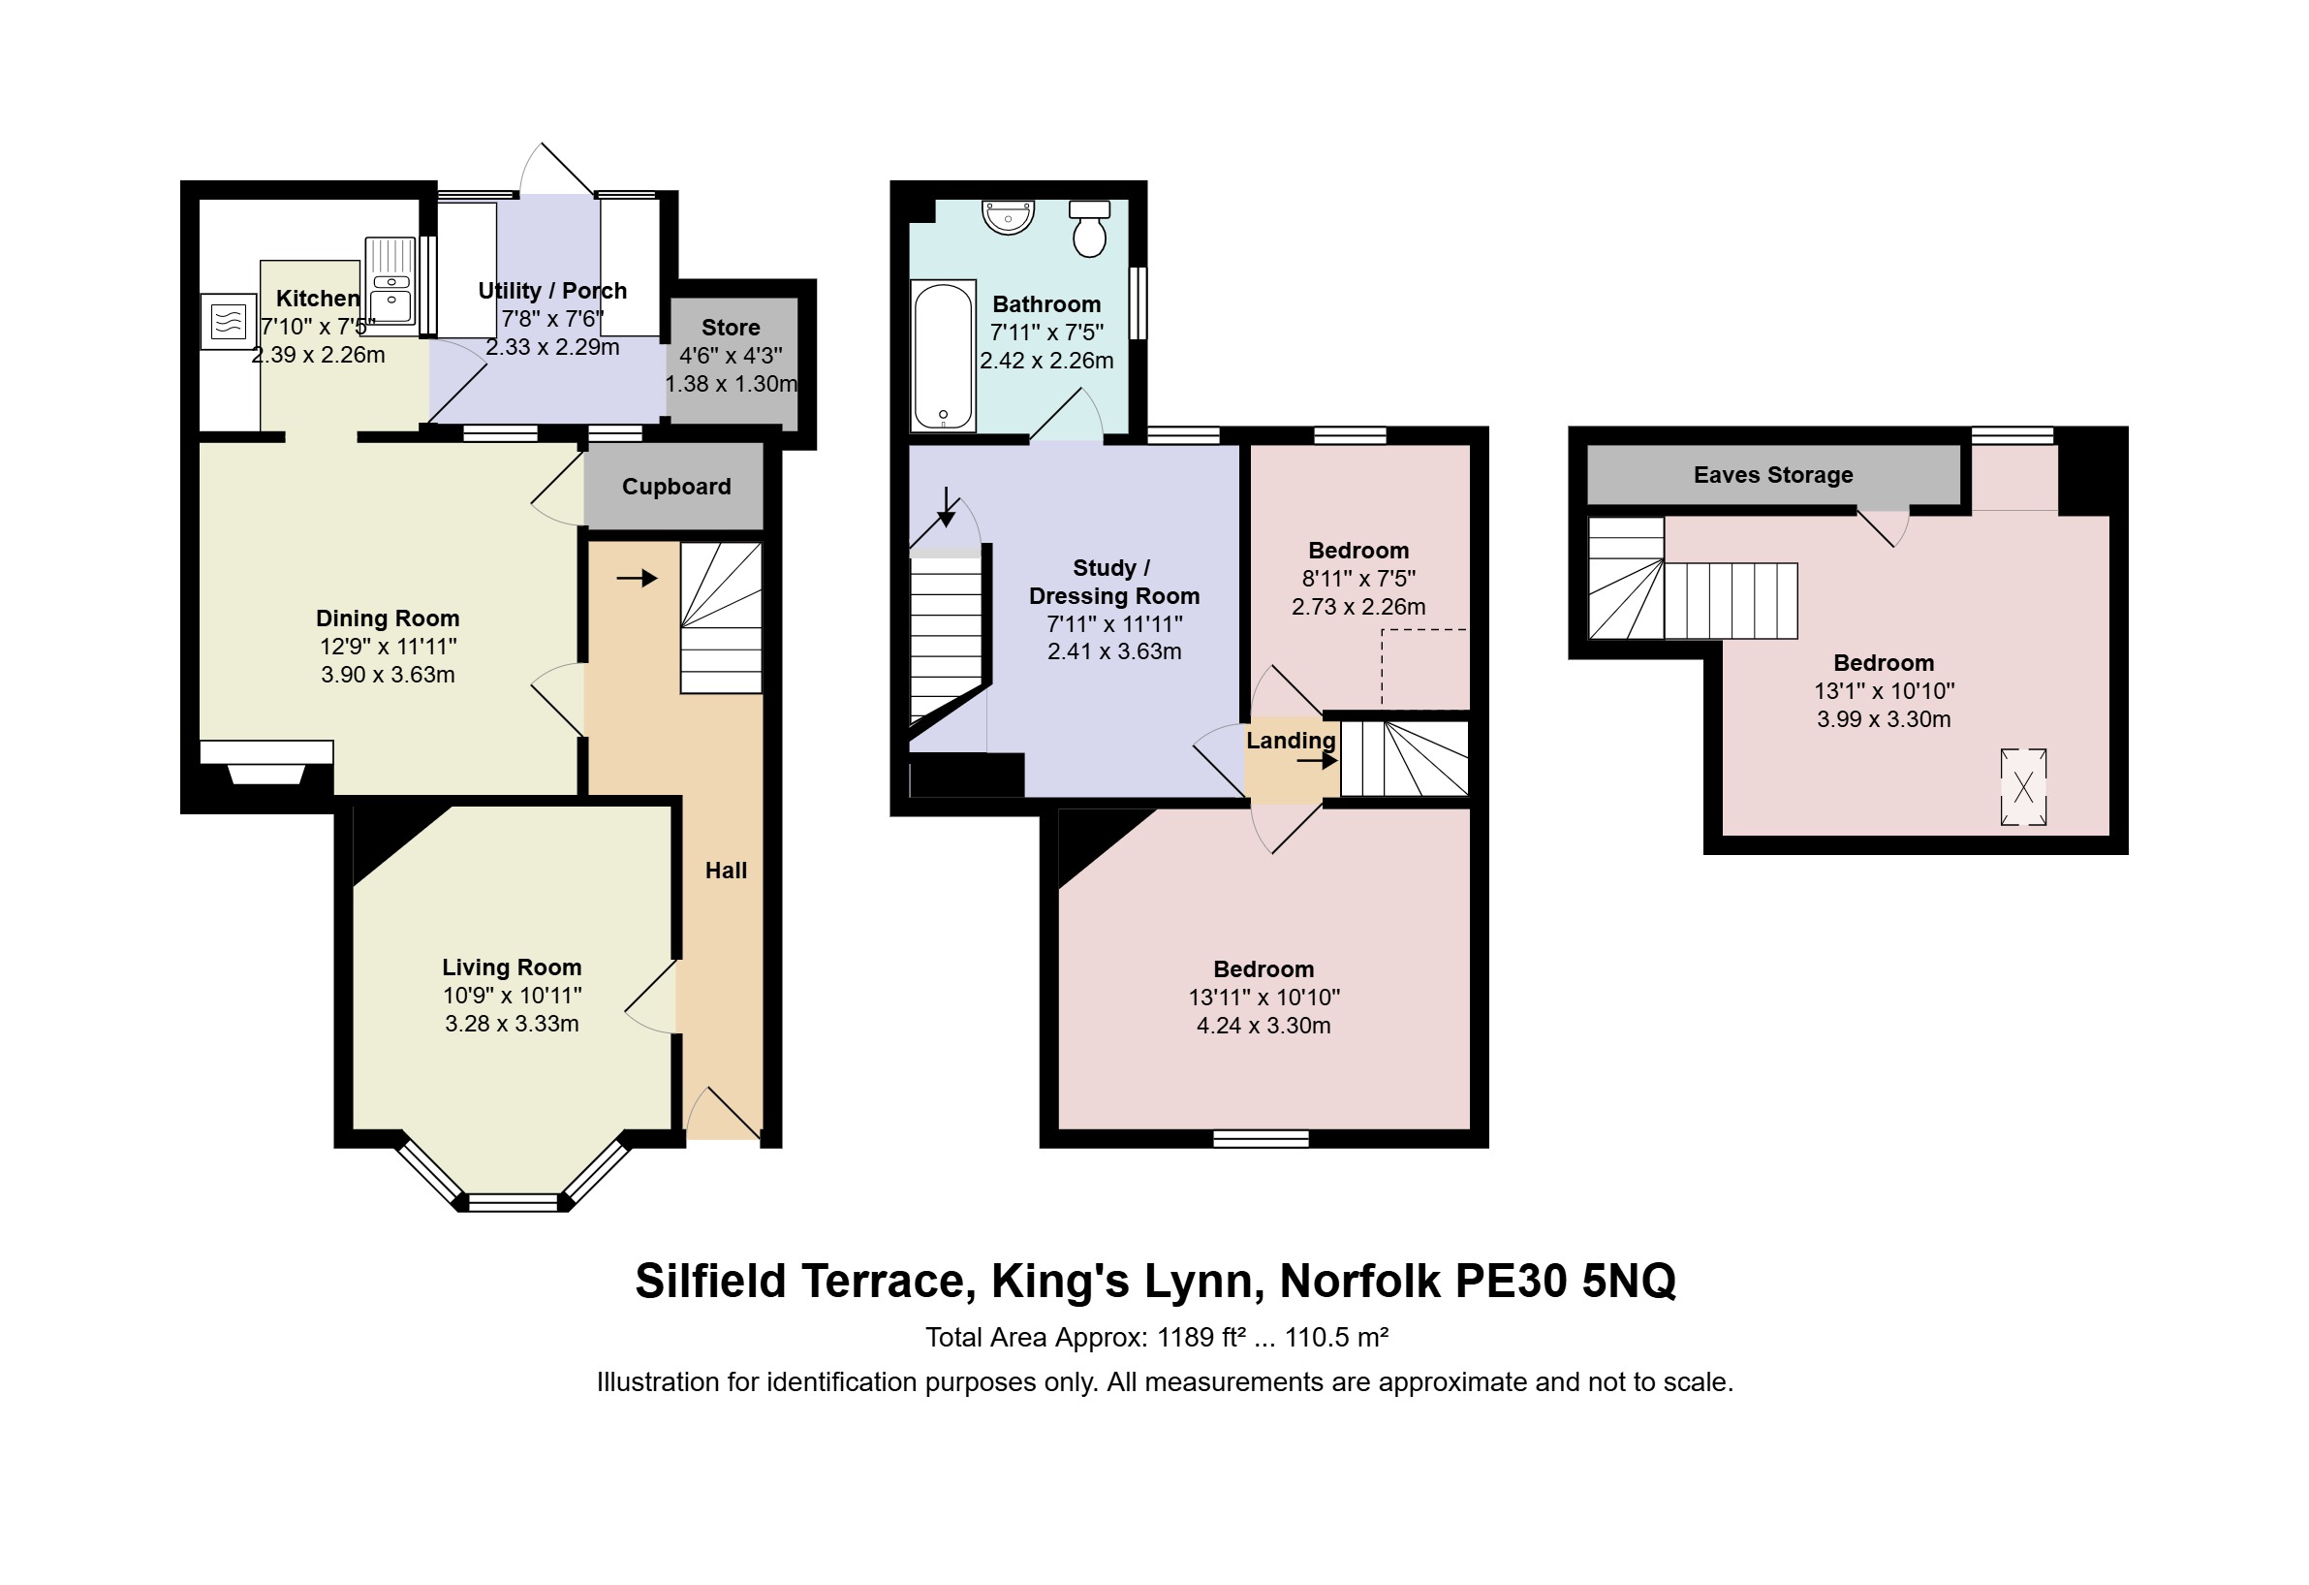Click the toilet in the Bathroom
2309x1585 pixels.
click(1090, 230)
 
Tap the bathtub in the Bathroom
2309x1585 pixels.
click(943, 356)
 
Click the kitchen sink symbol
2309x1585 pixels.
click(390, 281)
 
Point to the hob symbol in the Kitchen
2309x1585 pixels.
click(228, 322)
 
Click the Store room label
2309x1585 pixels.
click(732, 328)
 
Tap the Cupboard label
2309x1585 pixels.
click(676, 487)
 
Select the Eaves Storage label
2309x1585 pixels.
click(1773, 475)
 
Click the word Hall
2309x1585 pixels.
click(727, 871)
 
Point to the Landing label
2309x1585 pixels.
click(1291, 742)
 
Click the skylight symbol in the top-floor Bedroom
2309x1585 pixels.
click(2024, 787)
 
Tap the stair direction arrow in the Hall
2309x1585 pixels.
click(637, 579)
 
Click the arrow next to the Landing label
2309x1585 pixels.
click(1318, 762)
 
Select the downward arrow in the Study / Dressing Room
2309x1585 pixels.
click(947, 507)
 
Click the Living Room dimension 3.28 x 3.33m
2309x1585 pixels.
click(512, 1024)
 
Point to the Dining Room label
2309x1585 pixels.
click(388, 619)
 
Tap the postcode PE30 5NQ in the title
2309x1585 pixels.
click(1566, 1281)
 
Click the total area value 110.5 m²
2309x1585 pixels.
click(1337, 1338)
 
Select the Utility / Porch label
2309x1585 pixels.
click(552, 291)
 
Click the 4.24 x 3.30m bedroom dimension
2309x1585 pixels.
click(1264, 1026)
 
